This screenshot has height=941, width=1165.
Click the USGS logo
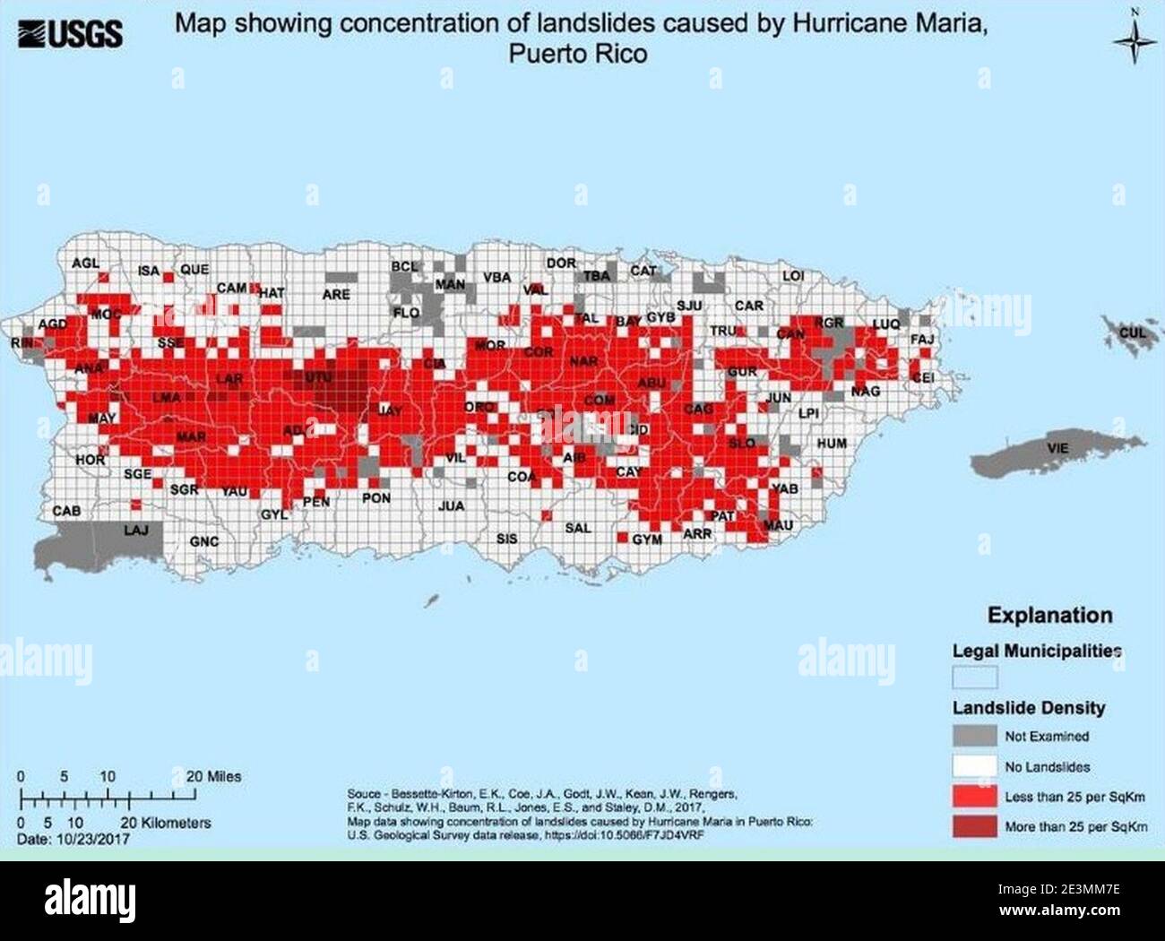tap(70, 34)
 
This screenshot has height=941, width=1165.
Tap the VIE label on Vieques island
tap(1057, 447)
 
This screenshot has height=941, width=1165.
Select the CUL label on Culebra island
tap(1133, 332)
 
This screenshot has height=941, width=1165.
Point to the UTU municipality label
tap(318, 378)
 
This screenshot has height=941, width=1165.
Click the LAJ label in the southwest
tap(135, 530)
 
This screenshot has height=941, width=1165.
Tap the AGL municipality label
tap(86, 263)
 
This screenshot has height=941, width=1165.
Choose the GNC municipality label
tap(204, 541)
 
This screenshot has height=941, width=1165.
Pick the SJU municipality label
tap(689, 306)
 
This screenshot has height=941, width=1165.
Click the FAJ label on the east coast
tap(922, 340)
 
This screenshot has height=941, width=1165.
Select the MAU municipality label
tap(778, 525)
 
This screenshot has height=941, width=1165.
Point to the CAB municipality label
tap(66, 511)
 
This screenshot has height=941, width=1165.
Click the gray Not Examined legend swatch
tap(974, 736)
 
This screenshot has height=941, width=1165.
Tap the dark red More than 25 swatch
tap(974, 826)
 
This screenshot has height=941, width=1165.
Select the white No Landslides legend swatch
tap(974, 766)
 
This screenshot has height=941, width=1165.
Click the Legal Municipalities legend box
tap(974, 676)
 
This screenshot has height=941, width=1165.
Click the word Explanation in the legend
tap(1049, 615)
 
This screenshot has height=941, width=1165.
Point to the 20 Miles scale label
tap(213, 776)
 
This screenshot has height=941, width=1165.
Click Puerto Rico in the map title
tap(578, 54)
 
